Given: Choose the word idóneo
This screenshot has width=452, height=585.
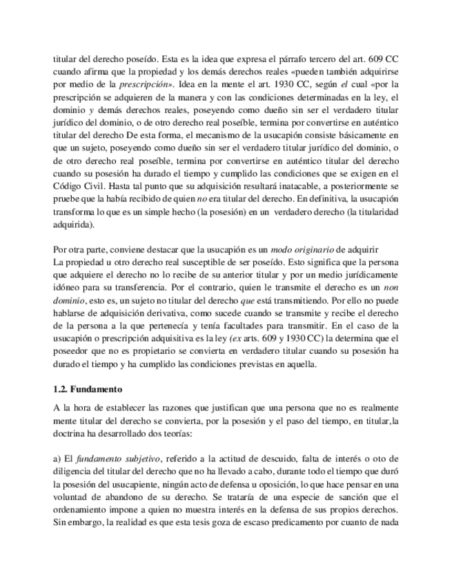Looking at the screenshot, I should (x=68, y=284).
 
